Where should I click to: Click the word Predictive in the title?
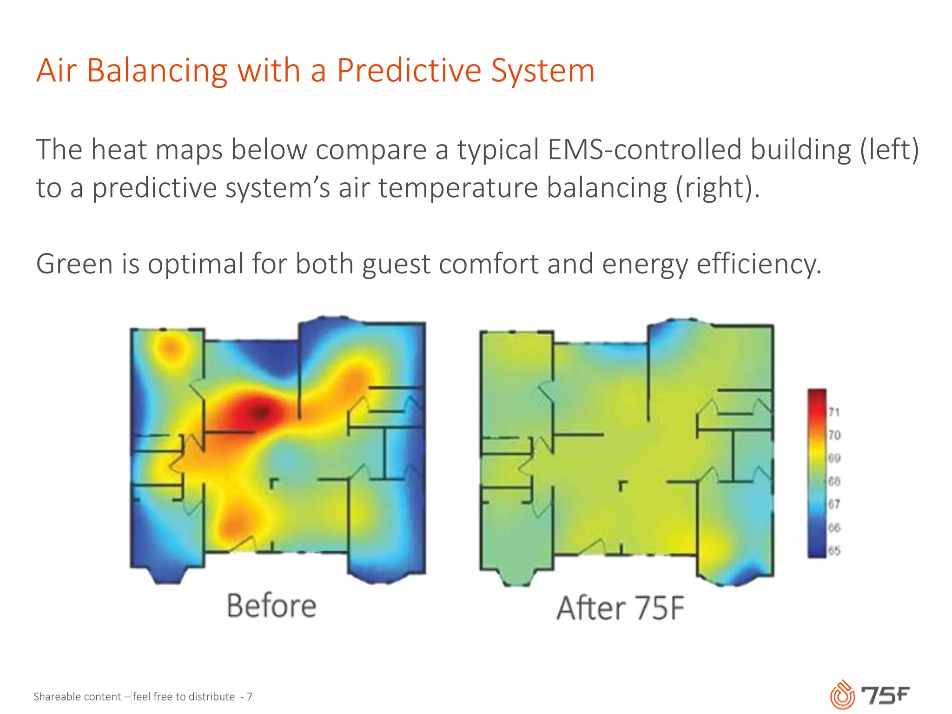(x=409, y=71)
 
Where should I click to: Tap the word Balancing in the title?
(x=157, y=71)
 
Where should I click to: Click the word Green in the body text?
(x=75, y=264)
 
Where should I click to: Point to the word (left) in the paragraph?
(x=889, y=150)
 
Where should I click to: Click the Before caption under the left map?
(x=271, y=606)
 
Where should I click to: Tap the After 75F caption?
(x=621, y=608)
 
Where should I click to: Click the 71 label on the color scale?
(x=834, y=412)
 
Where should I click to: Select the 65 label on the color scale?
(x=834, y=551)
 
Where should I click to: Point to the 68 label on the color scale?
(x=834, y=481)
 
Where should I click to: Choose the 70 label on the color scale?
(x=834, y=435)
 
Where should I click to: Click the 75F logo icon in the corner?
(x=842, y=695)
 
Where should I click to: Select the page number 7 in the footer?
(x=250, y=696)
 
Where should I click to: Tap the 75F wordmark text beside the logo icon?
(x=886, y=695)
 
